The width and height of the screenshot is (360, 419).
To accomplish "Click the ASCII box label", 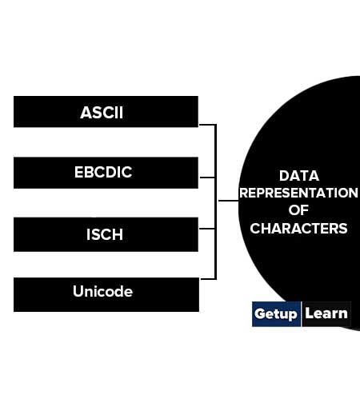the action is point(102,113).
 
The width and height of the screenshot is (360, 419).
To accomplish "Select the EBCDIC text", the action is point(103,172).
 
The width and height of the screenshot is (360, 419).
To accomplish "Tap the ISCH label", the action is point(105,234).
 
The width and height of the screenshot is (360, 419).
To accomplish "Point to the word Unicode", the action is point(102,291).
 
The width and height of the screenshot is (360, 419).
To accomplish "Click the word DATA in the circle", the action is point(299,176).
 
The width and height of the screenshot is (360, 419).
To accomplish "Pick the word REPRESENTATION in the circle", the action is point(298,193).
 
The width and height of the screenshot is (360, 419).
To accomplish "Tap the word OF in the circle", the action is point(298,210).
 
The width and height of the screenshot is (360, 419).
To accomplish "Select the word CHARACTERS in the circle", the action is point(298,229).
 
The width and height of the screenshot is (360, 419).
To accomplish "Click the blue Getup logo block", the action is point(276,314).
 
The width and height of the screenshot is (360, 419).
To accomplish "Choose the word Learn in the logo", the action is point(326,313).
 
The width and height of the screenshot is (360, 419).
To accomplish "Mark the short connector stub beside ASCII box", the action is point(207,125).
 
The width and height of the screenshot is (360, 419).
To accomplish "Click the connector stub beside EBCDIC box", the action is point(207,178).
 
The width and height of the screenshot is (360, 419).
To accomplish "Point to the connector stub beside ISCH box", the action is point(207,229).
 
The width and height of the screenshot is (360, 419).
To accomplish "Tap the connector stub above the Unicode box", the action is point(208,279).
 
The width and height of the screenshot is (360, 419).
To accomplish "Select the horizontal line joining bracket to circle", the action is point(229,201).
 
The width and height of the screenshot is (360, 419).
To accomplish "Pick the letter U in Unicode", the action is point(78,291).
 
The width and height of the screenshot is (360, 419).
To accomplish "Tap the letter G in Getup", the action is point(259,313).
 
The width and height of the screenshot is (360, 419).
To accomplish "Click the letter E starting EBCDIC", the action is point(78,172).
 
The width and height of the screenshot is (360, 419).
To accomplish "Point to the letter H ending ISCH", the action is point(118,234).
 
